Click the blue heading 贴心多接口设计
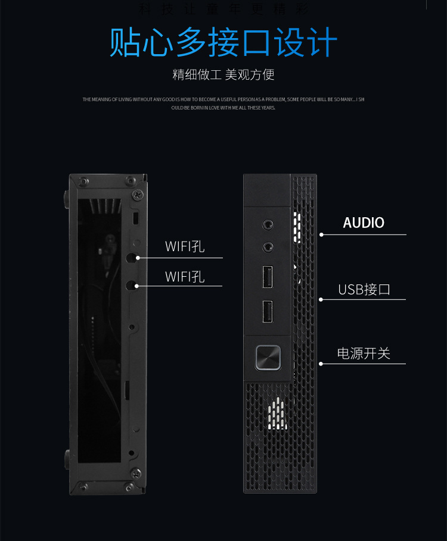[223, 42]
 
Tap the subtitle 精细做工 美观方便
[223, 74]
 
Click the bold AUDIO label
[364, 223]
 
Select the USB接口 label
[364, 290]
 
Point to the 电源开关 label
[364, 354]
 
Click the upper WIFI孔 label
[185, 246]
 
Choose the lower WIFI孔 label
[185, 277]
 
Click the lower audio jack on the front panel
[269, 246]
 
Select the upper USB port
[268, 277]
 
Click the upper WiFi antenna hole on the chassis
[132, 258]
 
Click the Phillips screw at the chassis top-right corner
[138, 194]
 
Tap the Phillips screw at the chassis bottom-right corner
[136, 473]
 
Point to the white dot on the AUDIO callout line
[321, 234]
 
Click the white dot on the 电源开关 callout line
[321, 364]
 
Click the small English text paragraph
[223, 104]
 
